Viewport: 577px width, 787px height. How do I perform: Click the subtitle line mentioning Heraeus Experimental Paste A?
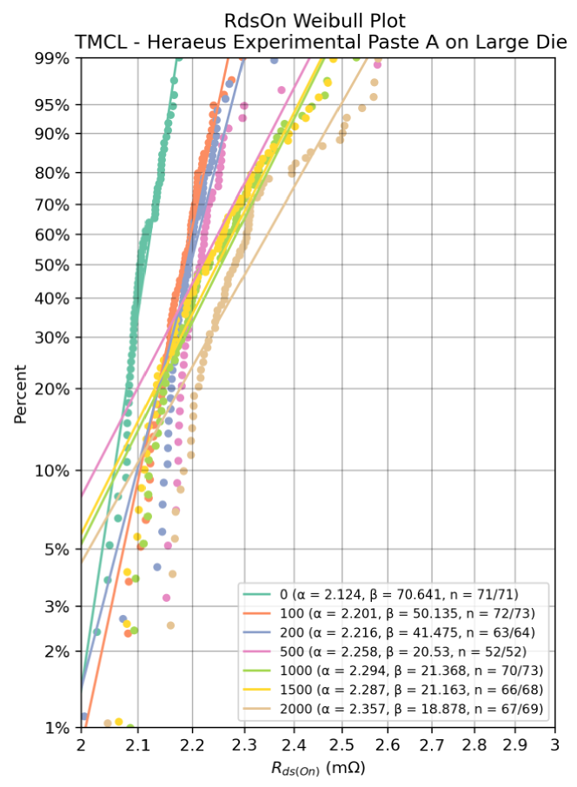tap(322, 42)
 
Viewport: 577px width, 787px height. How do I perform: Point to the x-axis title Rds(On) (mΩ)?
tap(318, 767)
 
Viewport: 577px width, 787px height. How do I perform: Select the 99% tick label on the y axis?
tap(50, 58)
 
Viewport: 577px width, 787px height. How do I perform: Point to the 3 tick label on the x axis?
tap(554, 745)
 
